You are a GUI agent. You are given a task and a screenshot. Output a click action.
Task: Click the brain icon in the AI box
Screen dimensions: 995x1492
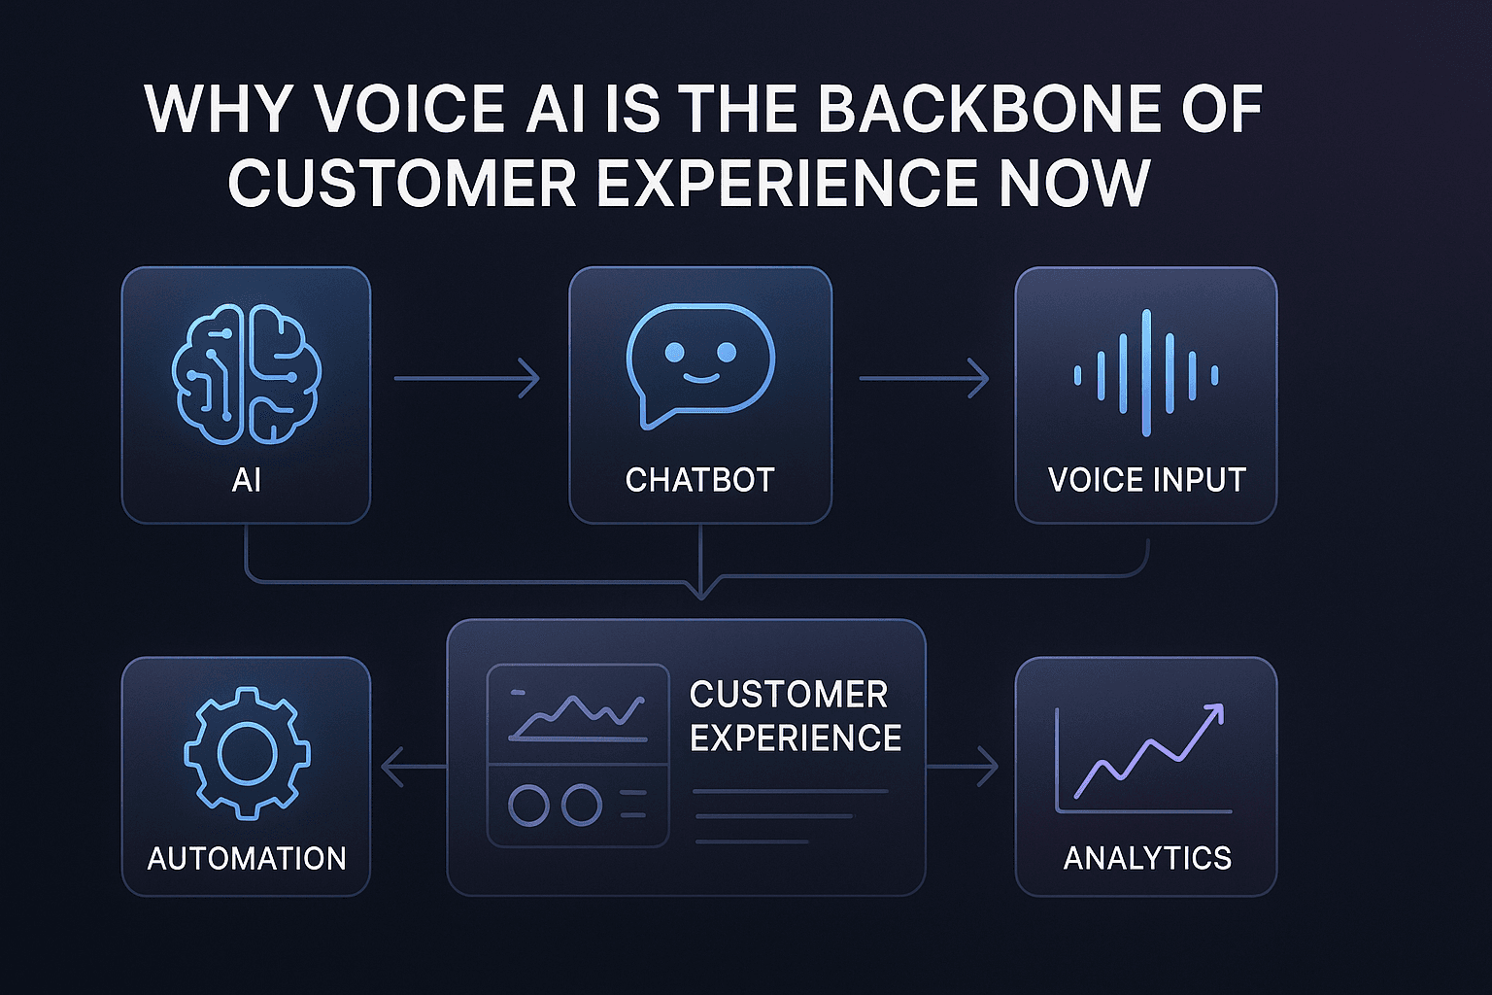click(246, 375)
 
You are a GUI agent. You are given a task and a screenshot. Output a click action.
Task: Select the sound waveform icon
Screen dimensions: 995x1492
click(1146, 374)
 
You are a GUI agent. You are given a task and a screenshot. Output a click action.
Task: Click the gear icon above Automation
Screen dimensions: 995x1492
click(247, 752)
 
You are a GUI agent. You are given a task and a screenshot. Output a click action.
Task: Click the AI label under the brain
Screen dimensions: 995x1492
click(246, 480)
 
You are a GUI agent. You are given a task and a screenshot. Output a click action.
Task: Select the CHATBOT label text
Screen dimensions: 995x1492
click(699, 480)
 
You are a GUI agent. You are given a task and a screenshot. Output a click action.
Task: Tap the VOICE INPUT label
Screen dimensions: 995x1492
click(1146, 480)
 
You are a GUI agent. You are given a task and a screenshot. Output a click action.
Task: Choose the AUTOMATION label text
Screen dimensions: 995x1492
click(247, 858)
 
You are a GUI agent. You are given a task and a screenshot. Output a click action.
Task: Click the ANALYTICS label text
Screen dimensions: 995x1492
click(1147, 858)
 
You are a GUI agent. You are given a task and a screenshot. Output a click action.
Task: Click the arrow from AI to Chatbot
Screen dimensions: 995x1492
click(467, 378)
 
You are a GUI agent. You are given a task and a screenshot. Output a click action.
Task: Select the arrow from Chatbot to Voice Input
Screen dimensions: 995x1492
click(923, 378)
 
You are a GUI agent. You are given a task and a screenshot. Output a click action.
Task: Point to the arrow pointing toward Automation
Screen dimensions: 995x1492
click(412, 767)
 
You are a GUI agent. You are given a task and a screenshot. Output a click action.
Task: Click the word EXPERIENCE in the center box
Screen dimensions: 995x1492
click(796, 738)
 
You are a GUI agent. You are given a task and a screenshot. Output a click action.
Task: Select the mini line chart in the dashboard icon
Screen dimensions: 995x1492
click(577, 716)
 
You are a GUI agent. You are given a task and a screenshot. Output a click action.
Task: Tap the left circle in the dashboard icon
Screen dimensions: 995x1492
click(529, 806)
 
